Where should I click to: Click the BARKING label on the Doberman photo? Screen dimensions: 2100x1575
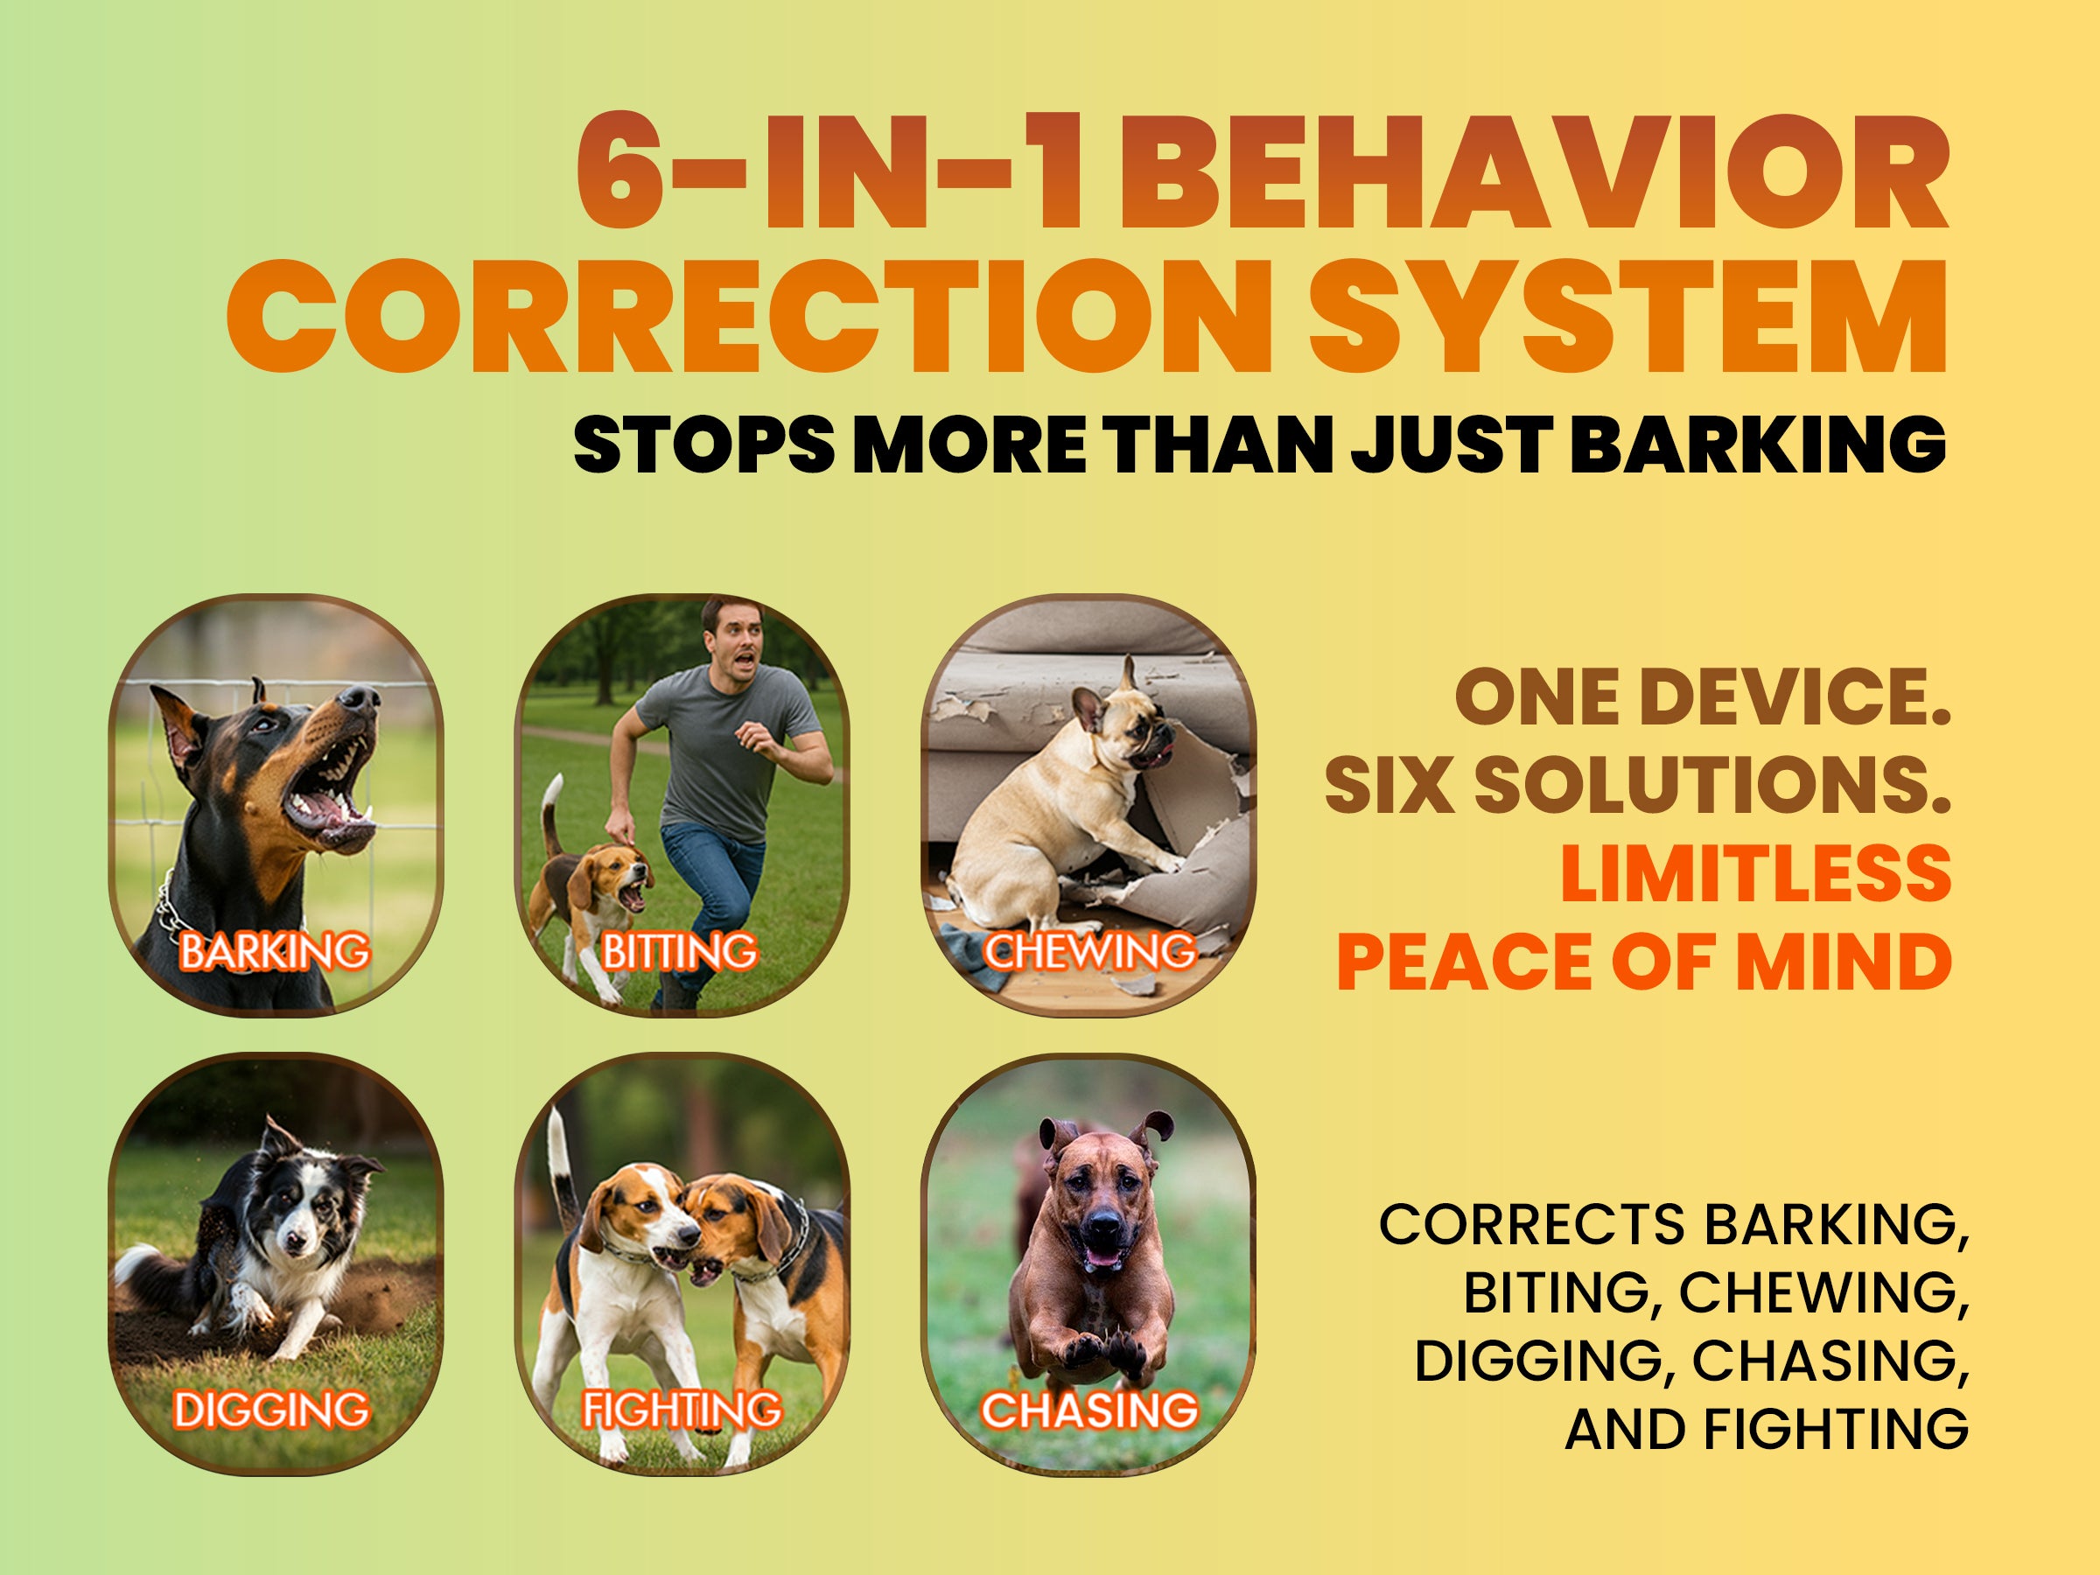275,951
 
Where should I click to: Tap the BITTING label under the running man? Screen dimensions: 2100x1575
680,951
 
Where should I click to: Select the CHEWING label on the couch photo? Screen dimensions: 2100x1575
1088,951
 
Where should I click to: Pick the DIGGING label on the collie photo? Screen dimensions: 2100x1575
271,1410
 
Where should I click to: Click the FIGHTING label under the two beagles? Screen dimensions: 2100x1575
682,1410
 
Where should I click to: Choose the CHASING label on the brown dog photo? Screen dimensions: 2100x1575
1088,1410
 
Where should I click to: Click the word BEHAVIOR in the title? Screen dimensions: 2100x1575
1535,174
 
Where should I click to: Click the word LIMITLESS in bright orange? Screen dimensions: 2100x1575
1756,873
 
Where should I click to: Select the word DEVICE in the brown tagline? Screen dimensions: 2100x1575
1795,697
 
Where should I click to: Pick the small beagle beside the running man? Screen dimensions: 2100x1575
589,878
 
